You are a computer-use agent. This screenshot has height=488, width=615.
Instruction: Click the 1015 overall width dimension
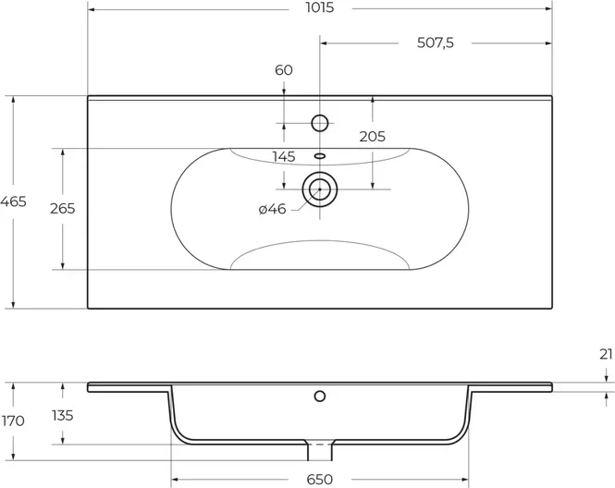point(320,7)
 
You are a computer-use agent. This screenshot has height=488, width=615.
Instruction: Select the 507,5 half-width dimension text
point(435,43)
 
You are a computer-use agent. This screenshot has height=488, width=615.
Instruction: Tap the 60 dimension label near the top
point(284,70)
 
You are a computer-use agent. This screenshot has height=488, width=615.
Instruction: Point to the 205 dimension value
point(372,137)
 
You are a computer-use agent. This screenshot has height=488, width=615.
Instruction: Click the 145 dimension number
point(284,157)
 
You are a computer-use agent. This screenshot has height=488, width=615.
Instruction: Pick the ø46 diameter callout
point(272,209)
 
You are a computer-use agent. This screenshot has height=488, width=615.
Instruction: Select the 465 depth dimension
point(13,201)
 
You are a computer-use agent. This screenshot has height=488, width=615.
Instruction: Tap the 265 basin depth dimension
point(62,209)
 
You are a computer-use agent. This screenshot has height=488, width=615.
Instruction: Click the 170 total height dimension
point(13,421)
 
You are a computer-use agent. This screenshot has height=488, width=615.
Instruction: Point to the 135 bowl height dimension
point(62,415)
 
